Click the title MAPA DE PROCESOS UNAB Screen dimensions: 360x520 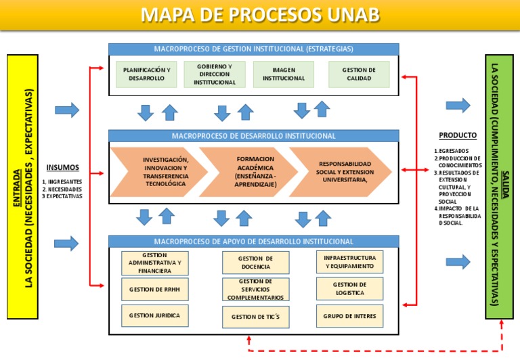coord(260,16)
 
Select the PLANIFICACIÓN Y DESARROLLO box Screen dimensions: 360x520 coord(146,74)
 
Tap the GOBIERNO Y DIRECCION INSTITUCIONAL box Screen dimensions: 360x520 coord(215,74)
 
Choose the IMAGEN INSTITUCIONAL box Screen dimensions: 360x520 coord(284,74)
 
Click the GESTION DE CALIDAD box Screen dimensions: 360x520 coord(359,74)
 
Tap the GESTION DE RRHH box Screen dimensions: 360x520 coord(155,289)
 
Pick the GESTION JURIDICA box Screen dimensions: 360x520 coord(155,315)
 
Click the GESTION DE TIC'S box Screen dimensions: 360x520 coord(255,317)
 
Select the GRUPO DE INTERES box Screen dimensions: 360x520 coord(349,315)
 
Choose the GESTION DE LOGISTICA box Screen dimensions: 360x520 coord(349,289)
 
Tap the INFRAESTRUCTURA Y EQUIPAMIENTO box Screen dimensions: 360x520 coord(349,263)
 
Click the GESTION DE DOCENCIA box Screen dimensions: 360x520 coord(255,263)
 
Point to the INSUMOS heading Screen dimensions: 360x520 coord(63,168)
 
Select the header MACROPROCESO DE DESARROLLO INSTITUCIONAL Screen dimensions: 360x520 coord(254,136)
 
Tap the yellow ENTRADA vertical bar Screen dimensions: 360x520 coord(22,187)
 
